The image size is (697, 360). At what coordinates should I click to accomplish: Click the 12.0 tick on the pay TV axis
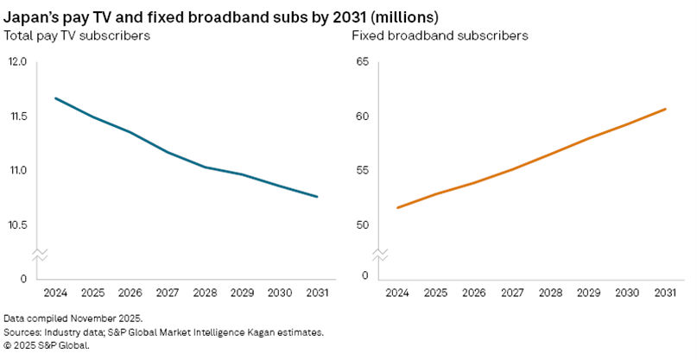18,62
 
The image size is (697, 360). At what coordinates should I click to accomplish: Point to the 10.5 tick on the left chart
18,224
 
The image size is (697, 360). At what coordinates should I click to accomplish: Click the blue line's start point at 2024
56,98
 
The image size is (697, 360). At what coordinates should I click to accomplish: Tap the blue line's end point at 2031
318,197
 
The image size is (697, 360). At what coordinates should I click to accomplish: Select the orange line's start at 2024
396,208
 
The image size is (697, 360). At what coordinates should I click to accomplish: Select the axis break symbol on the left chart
39,255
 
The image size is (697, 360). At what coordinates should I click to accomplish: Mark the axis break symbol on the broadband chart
379,255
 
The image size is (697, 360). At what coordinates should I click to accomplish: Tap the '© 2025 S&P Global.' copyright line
47,345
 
